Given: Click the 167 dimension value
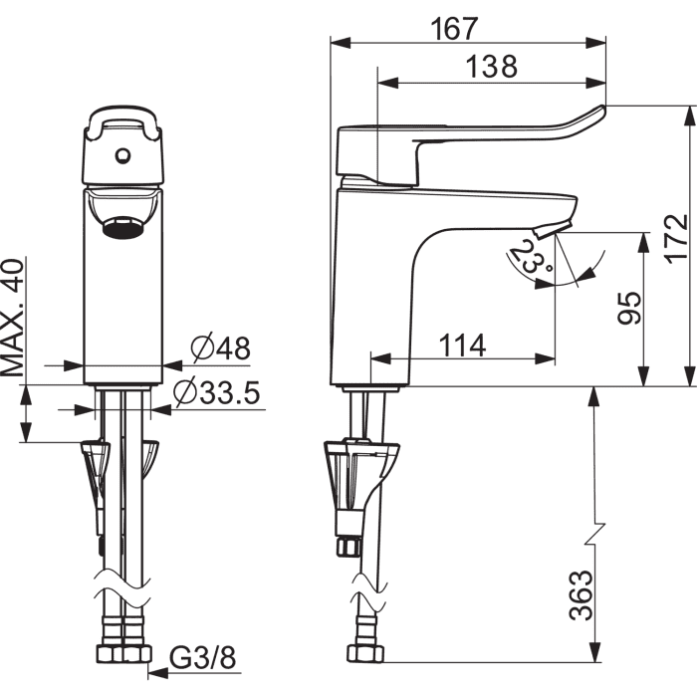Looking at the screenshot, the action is tap(454, 29).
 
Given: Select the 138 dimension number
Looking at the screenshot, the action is tap(492, 67).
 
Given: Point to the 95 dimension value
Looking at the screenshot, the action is tap(630, 308).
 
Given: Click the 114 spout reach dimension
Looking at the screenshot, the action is tap(463, 346).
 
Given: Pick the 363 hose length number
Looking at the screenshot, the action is tap(581, 594).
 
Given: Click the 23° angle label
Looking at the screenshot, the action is tap(531, 257).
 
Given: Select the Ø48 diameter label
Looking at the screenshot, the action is tap(221, 348).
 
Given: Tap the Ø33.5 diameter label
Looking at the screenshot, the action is tap(216, 391).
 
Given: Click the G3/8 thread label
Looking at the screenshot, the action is tap(203, 657).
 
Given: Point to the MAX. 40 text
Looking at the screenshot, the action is tap(12, 318).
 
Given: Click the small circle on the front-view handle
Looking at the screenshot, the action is tap(122, 155).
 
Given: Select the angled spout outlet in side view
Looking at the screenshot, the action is tap(551, 230).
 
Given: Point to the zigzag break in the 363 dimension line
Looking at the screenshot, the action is tap(595, 534).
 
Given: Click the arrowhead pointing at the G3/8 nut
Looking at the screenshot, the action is tap(158, 673).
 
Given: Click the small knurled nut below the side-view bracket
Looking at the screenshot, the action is tap(348, 547).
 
